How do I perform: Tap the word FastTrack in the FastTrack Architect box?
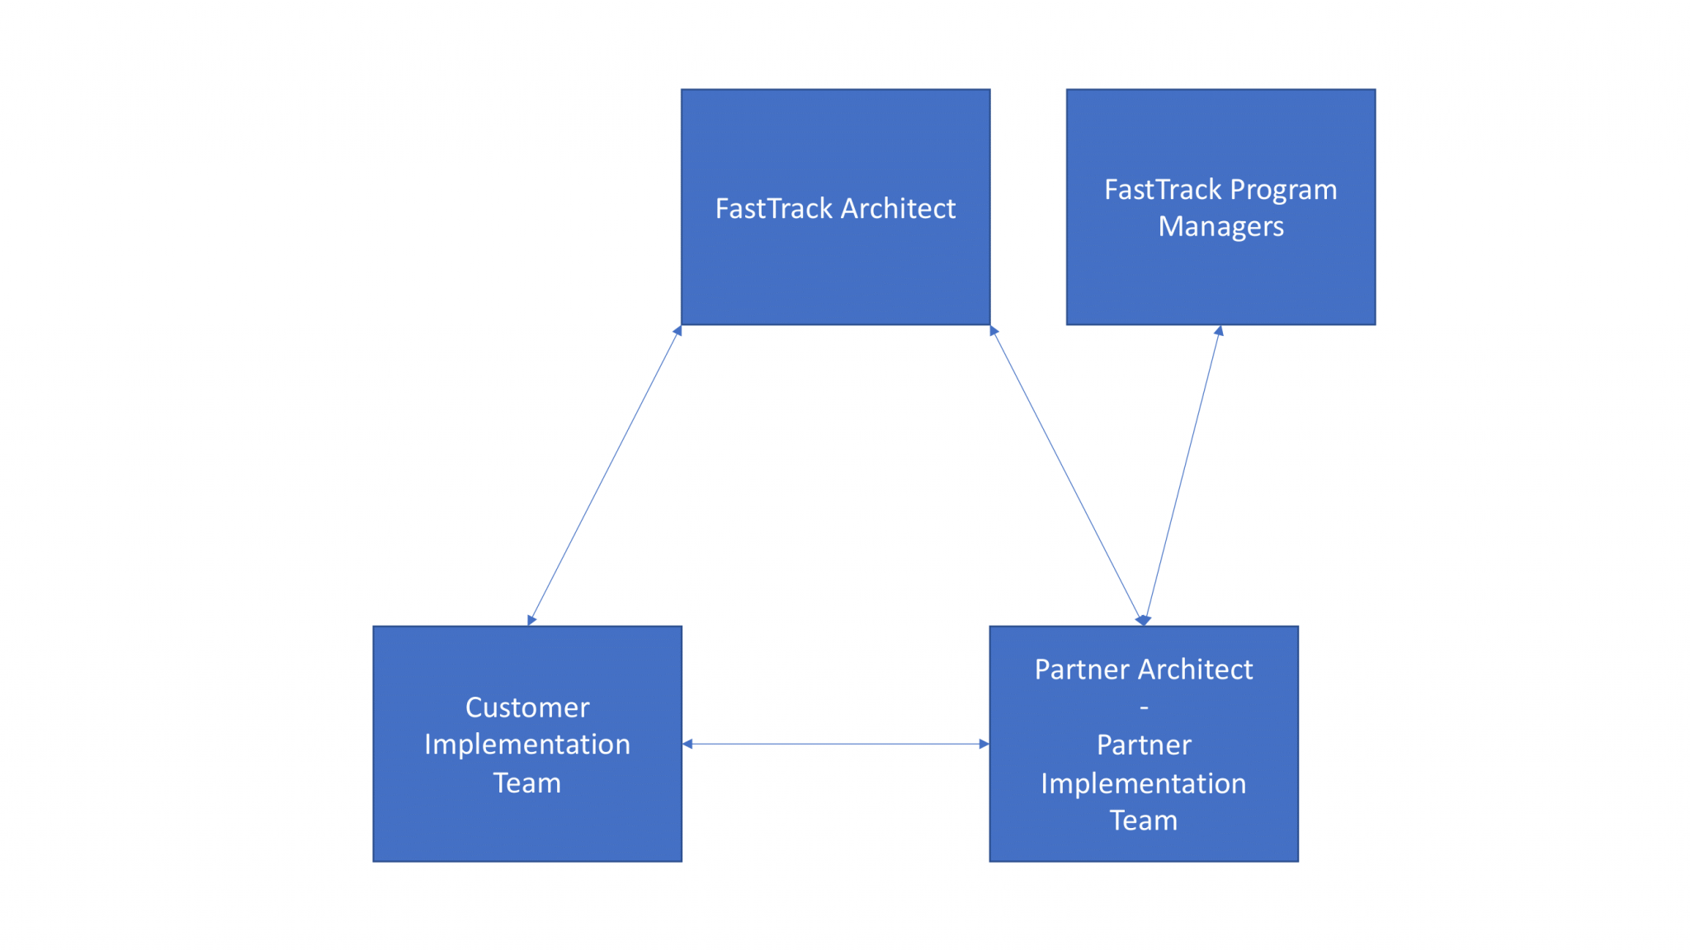[773, 209]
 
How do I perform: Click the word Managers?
[1220, 226]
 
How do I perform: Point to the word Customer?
[527, 707]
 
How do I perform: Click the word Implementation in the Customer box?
[527, 745]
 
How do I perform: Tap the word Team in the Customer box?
[527, 783]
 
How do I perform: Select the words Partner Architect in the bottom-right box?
[1143, 669]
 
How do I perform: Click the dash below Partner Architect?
[1144, 708]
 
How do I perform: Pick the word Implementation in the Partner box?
[1143, 783]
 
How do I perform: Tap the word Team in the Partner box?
[1143, 821]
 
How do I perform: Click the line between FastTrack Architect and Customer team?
[604, 475]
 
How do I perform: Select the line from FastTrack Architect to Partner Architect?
[1066, 475]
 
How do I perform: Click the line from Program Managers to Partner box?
[1183, 475]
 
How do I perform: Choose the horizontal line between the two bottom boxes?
[835, 744]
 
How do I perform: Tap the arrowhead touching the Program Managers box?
[1219, 331]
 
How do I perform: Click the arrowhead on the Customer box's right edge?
[687, 744]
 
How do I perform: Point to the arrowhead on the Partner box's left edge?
[984, 744]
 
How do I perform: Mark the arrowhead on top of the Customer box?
[531, 620]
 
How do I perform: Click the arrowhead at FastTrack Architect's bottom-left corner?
[677, 331]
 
